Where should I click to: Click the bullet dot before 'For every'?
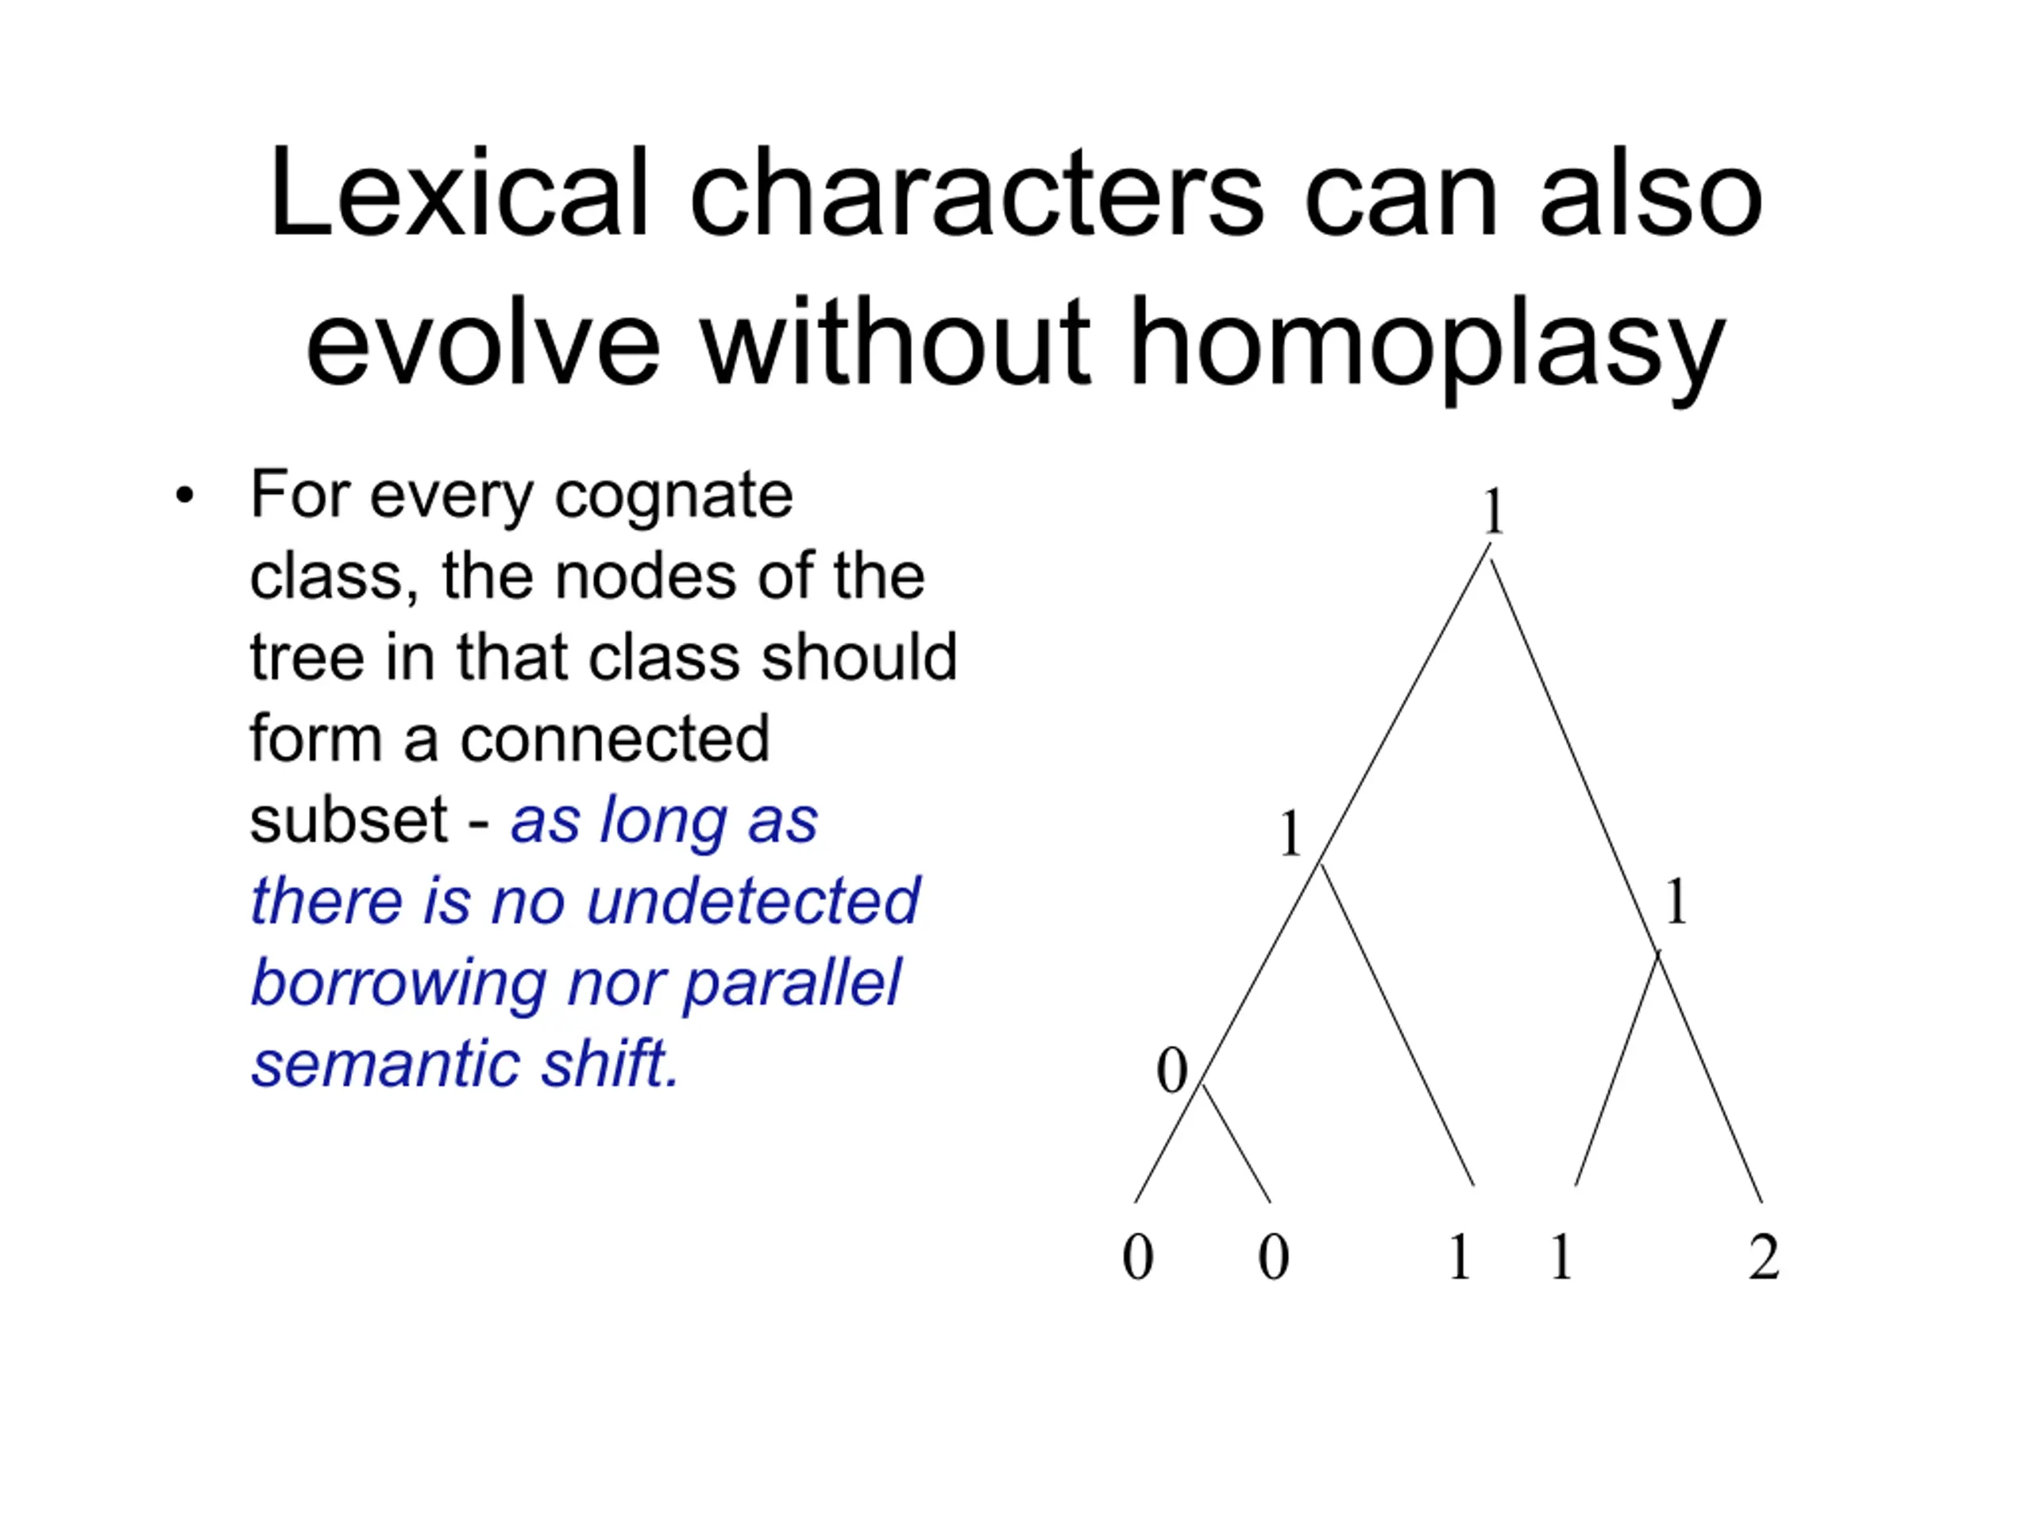[x=185, y=496]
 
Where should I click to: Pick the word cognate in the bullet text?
[x=673, y=497]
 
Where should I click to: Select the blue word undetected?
[x=753, y=901]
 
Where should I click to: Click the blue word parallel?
[x=793, y=984]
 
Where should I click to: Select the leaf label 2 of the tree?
[x=1764, y=1257]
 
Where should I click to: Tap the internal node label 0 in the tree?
[x=1172, y=1071]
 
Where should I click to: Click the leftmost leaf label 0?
[x=1138, y=1257]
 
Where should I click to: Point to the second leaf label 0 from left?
[x=1273, y=1257]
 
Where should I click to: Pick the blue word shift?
[x=610, y=1064]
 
